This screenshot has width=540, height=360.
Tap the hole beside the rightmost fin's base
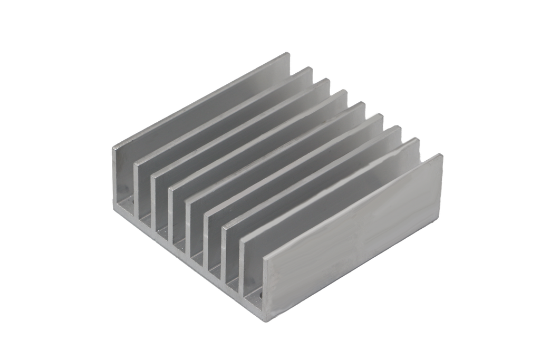point(259,290)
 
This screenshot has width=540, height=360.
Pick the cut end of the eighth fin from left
point(243,264)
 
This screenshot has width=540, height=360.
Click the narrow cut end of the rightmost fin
point(264,285)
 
